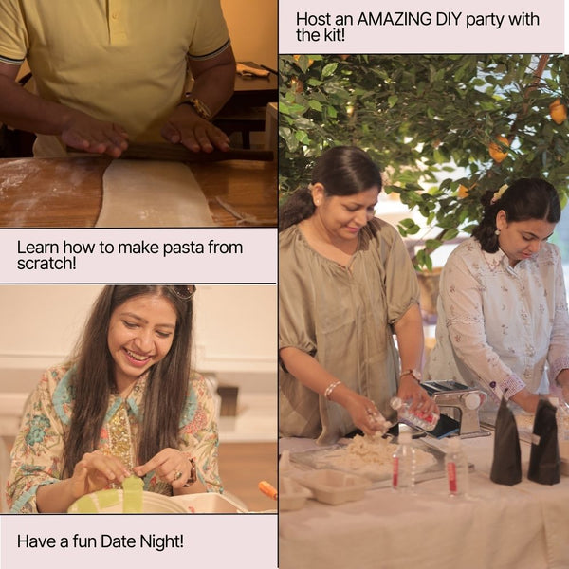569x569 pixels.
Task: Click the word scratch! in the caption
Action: coord(46,263)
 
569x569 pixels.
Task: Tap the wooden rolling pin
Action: coord(171,152)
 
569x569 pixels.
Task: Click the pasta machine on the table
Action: coord(456,408)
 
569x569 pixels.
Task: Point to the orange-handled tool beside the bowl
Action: coord(267,489)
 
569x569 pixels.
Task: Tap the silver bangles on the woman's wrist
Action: coord(332,389)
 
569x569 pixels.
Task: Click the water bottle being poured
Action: coord(414,413)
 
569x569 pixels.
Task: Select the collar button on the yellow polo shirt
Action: coord(116,15)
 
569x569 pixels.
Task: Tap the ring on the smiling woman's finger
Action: coord(177,474)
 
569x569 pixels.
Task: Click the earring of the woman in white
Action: coord(497,231)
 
